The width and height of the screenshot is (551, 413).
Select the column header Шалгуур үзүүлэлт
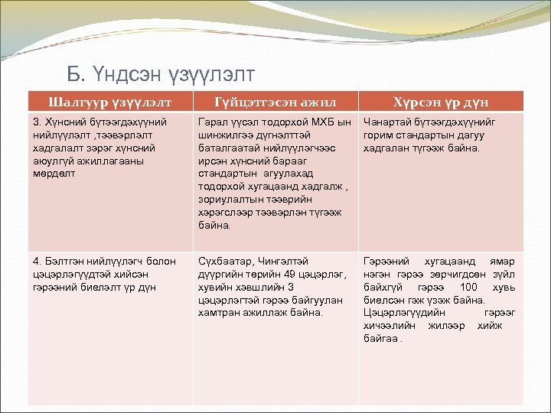pyautogui.click(x=110, y=102)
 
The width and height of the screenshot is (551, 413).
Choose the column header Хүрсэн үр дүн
pyautogui.click(x=441, y=102)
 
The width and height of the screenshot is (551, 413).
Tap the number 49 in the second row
pyautogui.click(x=288, y=274)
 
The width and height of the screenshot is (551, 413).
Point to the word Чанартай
pyautogui.click(x=389, y=122)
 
